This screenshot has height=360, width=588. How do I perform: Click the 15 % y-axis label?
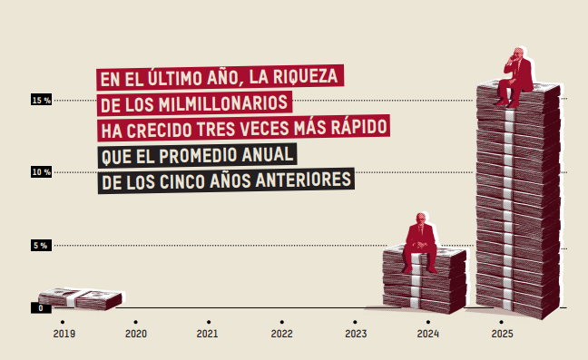click(x=41, y=100)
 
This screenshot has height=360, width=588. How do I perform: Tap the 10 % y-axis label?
click(x=41, y=172)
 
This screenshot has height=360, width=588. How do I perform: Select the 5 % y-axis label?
click(x=41, y=246)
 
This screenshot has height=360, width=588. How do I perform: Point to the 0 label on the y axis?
click(x=41, y=308)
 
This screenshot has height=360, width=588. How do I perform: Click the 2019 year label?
click(x=64, y=334)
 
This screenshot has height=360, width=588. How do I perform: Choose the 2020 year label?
click(x=136, y=334)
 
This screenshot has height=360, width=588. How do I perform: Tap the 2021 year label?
click(x=208, y=334)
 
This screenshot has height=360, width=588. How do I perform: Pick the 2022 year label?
click(x=281, y=334)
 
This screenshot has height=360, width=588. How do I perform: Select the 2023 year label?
click(x=356, y=334)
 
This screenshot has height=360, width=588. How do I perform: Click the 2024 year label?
click(x=428, y=334)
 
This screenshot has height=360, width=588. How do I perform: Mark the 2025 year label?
click(x=502, y=334)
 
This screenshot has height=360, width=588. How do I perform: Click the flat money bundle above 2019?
click(x=80, y=299)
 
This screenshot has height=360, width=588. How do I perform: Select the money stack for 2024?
click(x=425, y=281)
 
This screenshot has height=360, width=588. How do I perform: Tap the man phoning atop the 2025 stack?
click(x=515, y=77)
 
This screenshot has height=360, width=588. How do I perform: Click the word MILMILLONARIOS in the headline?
click(x=223, y=103)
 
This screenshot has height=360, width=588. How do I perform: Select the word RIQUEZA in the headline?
click(x=305, y=77)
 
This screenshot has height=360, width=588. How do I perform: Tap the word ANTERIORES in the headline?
click(x=303, y=180)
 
